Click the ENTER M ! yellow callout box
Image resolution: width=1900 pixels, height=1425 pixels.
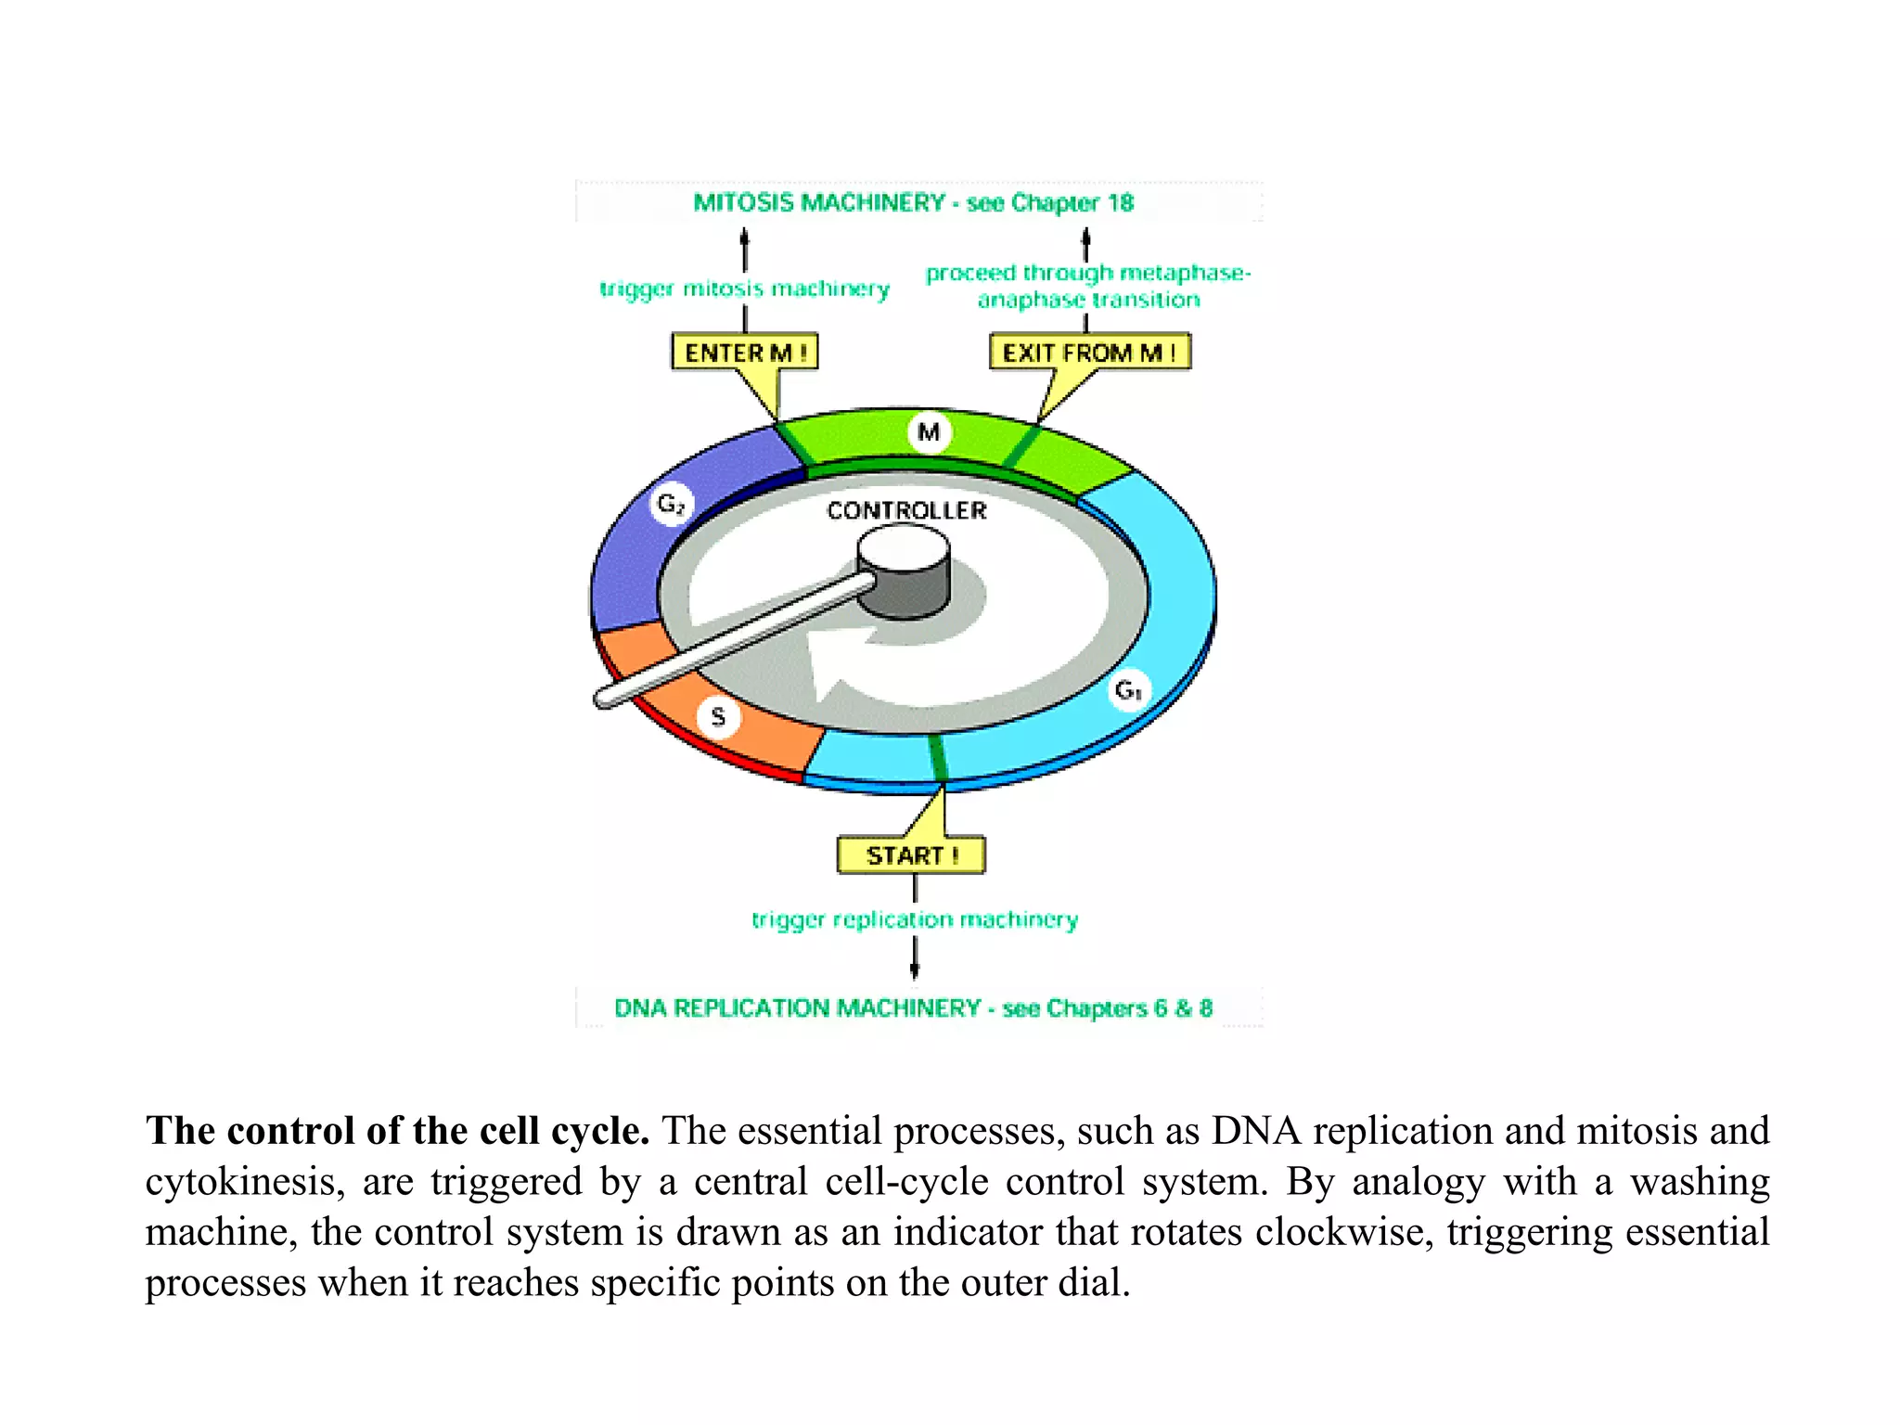coord(744,353)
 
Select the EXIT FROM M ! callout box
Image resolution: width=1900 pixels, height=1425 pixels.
coord(1089,353)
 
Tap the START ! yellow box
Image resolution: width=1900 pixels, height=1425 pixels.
coord(911,855)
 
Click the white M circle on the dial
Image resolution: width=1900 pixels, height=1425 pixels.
coord(929,432)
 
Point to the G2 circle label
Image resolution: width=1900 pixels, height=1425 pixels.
coord(670,505)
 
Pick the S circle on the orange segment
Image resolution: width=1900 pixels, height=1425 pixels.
coord(718,716)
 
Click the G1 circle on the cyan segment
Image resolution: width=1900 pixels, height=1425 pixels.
coord(1128,690)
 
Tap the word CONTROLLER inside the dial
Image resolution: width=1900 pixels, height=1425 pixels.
coord(906,510)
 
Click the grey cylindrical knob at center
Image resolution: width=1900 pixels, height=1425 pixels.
coord(904,573)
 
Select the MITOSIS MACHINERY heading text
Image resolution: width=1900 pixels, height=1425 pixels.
coord(913,202)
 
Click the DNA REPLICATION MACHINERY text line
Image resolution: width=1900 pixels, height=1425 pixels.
coord(913,1008)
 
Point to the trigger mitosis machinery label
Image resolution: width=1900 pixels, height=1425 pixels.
coord(744,289)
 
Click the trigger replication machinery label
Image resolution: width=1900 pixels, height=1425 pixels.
coord(915,919)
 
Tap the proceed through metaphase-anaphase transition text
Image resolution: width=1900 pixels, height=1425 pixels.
coord(1088,286)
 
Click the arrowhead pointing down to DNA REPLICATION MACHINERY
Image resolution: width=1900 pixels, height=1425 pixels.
coord(915,970)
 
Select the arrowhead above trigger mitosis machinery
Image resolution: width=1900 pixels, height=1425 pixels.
coord(744,237)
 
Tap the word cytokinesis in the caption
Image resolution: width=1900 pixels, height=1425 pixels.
coord(244,1182)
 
